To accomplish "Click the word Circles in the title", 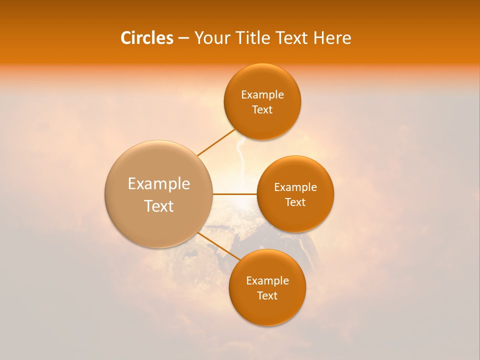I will (146, 38).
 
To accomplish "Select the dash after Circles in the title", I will (183, 38).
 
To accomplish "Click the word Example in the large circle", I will (159, 184).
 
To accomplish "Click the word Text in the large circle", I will (159, 206).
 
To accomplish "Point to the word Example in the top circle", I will (262, 95).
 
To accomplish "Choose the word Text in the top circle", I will (262, 109).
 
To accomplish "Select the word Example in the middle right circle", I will (295, 187).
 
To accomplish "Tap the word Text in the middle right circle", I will (295, 202).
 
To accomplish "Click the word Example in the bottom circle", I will (267, 281).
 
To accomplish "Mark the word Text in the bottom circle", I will (267, 295).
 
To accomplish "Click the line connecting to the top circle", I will (216, 142).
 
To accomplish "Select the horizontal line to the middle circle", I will (234, 194).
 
